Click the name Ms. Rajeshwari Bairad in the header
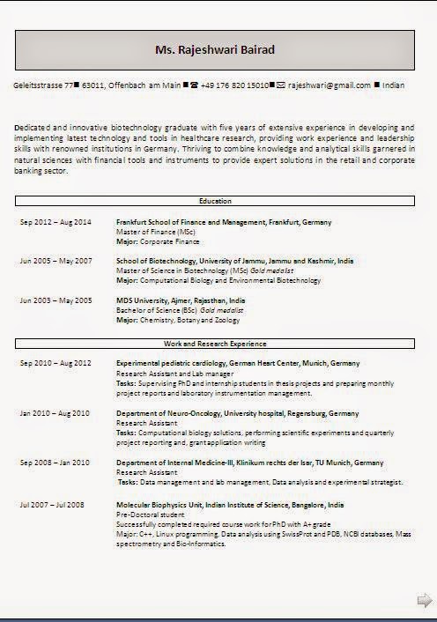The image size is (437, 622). coord(215,50)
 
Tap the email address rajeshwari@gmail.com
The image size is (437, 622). coord(329,85)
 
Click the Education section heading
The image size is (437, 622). coord(215,201)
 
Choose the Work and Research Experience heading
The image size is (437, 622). coord(215,343)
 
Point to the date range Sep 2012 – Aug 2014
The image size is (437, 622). coord(56,223)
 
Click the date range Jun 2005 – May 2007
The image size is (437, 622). coord(56,261)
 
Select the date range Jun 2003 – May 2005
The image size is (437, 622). coord(56,300)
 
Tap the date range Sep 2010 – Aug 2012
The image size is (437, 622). coord(56,363)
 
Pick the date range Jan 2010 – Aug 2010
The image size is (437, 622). coord(55,413)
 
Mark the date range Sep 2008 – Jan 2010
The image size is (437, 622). coord(55,463)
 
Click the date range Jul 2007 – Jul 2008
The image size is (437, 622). coord(52,504)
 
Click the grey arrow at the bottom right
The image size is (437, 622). coord(424,600)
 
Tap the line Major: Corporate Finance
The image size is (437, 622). coord(158,241)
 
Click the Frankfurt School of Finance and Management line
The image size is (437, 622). coord(224,223)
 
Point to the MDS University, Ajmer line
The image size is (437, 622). coord(181,300)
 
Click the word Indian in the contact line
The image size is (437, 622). coord(394,85)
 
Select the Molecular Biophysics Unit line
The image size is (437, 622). coord(231,504)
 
